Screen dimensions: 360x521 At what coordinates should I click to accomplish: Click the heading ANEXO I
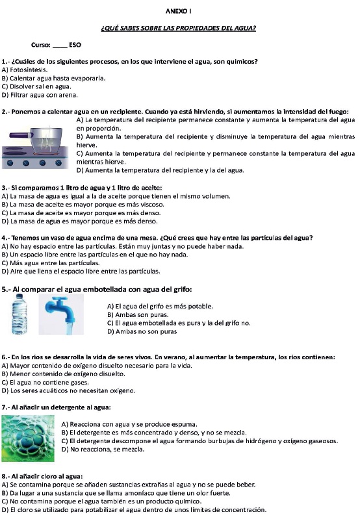pos(178,11)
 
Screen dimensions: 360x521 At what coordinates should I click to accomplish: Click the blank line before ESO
pos(60,47)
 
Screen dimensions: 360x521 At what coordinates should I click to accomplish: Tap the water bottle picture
pos(19,314)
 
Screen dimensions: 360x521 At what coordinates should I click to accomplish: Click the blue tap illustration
pos(61,314)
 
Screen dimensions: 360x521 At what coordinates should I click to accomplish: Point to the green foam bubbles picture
pos(28,438)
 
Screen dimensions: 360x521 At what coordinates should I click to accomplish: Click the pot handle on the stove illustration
pos(21,135)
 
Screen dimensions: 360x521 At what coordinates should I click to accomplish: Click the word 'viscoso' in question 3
pos(152,205)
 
